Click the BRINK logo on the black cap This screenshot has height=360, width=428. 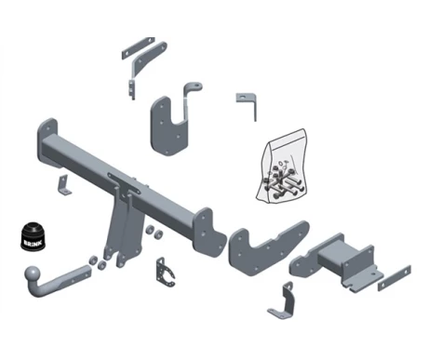click(33, 242)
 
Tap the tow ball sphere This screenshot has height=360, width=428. click(33, 274)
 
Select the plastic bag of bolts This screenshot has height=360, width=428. click(282, 167)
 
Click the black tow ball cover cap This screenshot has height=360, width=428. click(33, 235)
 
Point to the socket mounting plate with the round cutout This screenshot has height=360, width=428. click(166, 273)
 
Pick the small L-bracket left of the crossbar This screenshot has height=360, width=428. click(63, 185)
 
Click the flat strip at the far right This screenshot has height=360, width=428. click(395, 278)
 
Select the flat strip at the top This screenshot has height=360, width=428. click(138, 48)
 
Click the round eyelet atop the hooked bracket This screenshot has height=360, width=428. click(194, 86)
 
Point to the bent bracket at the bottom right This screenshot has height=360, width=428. click(283, 301)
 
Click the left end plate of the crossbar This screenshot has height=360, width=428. click(47, 141)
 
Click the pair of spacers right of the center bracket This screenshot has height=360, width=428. click(154, 233)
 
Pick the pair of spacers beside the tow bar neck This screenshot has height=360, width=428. click(98, 262)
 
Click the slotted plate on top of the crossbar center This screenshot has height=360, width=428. click(124, 183)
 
